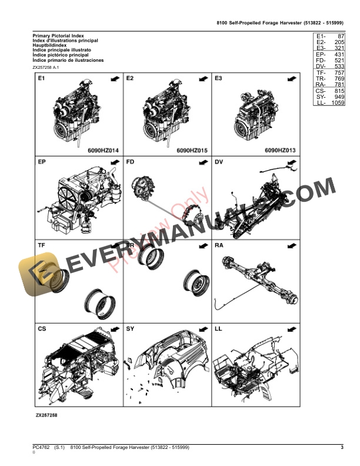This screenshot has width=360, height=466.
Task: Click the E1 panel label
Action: point(42,78)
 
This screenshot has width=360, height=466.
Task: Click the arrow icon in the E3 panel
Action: point(291,78)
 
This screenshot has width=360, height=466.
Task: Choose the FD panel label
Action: point(130,162)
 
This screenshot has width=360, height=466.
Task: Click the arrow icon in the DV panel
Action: point(291,162)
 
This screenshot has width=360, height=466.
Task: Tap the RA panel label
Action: point(219,245)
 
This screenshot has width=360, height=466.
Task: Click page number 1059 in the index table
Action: point(336,103)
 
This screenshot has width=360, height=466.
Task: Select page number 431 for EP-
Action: point(338,54)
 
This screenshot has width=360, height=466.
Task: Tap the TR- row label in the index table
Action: point(320,78)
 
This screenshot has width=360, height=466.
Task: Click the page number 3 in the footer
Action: point(342,448)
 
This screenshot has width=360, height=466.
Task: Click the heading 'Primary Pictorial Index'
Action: point(59,36)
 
